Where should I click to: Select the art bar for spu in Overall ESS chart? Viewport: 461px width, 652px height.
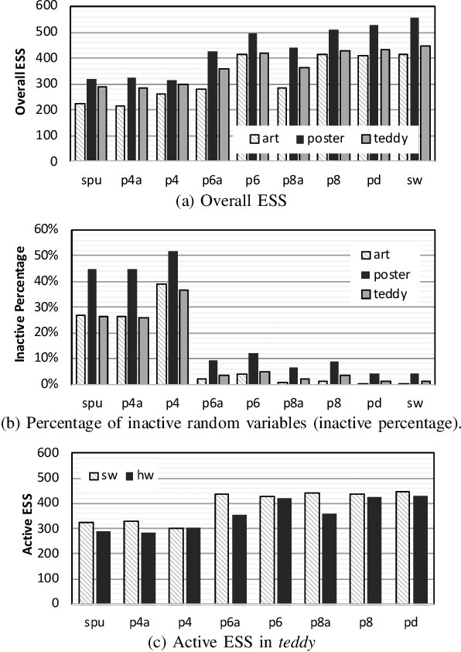[80, 132]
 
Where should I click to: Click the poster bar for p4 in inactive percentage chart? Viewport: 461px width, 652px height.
[173, 317]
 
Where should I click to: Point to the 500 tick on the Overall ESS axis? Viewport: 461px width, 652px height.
[49, 32]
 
